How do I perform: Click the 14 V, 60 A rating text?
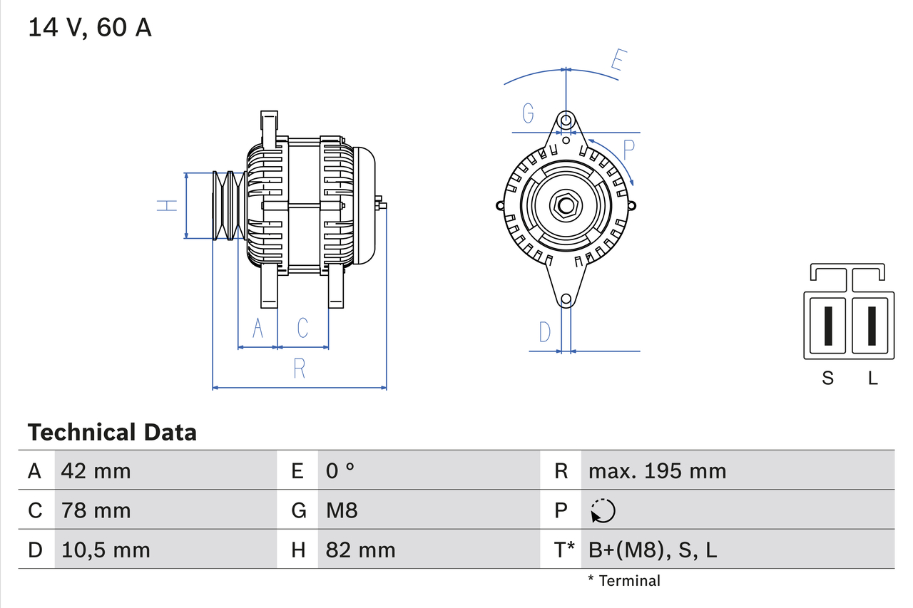tap(89, 29)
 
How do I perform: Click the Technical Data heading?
tap(112, 433)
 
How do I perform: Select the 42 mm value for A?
tap(96, 470)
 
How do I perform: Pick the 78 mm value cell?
tap(96, 510)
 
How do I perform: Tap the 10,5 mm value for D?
tap(105, 550)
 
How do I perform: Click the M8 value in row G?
tap(342, 510)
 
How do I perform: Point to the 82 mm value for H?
tap(360, 550)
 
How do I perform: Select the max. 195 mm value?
tap(657, 470)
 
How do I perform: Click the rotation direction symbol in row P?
tap(603, 510)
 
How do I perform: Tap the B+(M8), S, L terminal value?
tap(653, 550)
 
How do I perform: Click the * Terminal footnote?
tap(624, 581)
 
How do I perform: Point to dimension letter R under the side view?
tap(300, 369)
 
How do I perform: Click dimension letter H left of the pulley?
tap(167, 205)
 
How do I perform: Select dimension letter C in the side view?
tap(302, 328)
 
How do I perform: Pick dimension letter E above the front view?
tap(618, 61)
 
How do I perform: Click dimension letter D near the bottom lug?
tap(545, 331)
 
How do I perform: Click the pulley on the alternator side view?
tap(228, 205)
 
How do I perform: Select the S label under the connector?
tap(827, 378)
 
